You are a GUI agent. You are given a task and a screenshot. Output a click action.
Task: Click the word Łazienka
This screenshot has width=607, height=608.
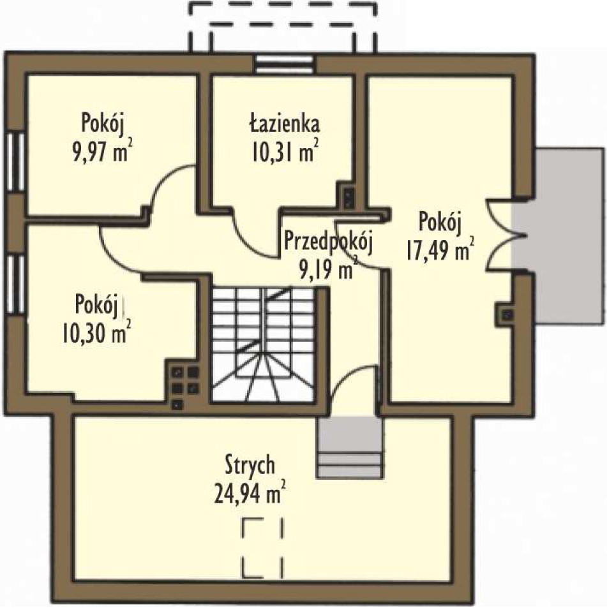[x=284, y=124]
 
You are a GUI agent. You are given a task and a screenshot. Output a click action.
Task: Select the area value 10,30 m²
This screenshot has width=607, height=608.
[x=96, y=332]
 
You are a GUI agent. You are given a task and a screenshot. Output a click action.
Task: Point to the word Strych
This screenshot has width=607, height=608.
[x=250, y=464]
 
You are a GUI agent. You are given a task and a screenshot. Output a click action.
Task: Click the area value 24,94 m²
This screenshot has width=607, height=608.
[x=250, y=491]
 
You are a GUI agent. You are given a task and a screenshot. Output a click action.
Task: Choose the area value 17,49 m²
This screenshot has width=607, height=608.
[x=440, y=249]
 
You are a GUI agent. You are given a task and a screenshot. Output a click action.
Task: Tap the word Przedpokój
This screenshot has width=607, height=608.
[x=329, y=241]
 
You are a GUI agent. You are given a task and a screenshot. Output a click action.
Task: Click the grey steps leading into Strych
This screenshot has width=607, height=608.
[x=350, y=447]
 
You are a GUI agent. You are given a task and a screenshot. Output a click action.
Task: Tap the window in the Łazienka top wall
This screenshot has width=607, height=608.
[x=285, y=64]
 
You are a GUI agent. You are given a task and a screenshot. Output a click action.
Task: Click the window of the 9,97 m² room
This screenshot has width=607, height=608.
[x=15, y=162]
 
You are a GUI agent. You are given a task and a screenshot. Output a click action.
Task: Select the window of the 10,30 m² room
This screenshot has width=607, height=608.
[x=15, y=284]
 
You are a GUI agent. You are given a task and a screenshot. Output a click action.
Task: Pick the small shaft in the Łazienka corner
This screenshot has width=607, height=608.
[x=348, y=196]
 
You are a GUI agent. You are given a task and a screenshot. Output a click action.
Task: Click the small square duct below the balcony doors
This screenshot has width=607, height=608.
[x=507, y=314]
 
